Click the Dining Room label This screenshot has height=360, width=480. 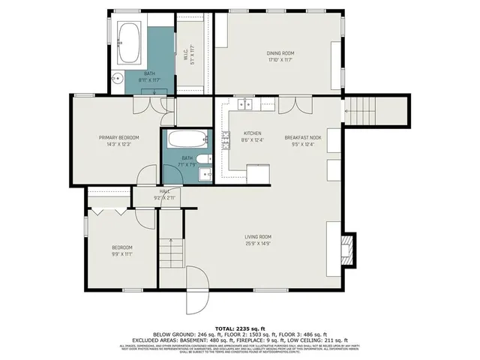point(280,52)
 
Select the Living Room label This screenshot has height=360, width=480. point(257,236)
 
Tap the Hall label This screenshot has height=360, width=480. point(163,191)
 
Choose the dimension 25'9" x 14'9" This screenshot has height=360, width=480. point(257,243)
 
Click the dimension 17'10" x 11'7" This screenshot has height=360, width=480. point(280,59)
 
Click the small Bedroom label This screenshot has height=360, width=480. point(122,247)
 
